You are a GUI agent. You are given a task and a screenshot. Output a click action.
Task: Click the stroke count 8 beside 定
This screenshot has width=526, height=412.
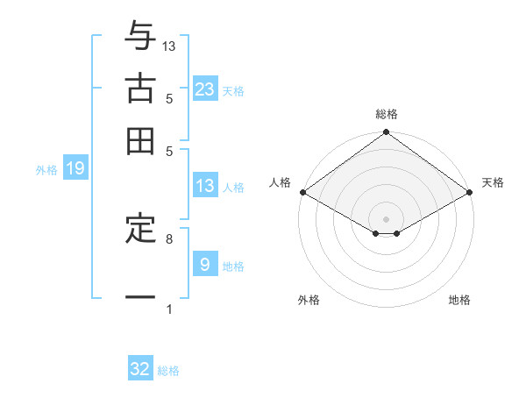tap(169, 238)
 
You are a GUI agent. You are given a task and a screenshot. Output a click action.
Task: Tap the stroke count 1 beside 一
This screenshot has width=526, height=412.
tap(169, 309)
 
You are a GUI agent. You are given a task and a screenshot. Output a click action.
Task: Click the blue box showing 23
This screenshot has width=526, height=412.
tap(205, 89)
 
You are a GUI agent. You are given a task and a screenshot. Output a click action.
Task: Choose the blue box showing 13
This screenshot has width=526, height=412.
tap(205, 185)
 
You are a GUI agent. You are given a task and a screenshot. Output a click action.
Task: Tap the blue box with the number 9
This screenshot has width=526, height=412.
tap(205, 264)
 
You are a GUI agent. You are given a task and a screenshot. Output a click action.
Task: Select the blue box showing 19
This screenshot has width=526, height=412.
tap(75, 168)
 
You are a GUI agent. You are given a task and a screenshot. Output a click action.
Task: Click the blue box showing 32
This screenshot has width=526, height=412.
tap(140, 369)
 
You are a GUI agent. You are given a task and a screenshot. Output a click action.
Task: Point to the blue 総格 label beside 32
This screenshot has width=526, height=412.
tap(168, 371)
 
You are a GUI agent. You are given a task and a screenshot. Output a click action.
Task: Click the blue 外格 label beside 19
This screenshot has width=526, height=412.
tap(46, 170)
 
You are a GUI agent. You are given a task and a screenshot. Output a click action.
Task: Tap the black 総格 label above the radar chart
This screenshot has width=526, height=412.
tap(387, 114)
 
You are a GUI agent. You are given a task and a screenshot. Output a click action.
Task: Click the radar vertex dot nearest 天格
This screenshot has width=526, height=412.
tap(471, 192)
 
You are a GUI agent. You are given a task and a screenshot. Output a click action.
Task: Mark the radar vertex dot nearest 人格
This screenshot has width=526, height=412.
tap(302, 192)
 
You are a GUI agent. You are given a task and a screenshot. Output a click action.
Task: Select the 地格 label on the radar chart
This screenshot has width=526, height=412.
tap(459, 300)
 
